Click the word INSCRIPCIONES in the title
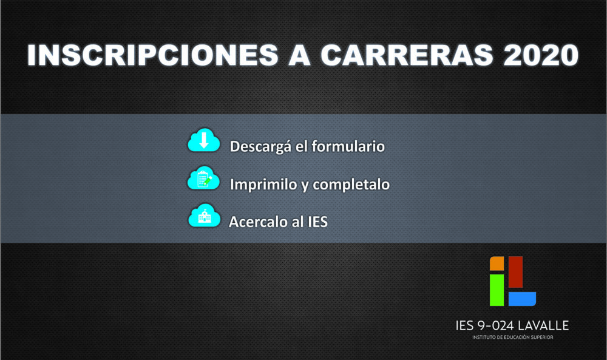coord(152,55)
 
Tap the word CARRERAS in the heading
coord(407,55)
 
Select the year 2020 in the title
coord(541,55)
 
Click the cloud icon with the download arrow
coord(203,140)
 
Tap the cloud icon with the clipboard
coord(203,178)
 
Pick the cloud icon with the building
coord(204,216)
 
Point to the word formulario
coord(348,146)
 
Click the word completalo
coord(351,185)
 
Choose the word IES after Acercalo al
coord(317,222)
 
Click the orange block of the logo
coord(497,263)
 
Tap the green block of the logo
coord(497,290)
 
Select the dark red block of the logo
coord(515,272)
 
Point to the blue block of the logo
coord(522,299)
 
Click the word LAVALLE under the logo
coord(543,325)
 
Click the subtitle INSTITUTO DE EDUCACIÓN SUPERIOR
coord(512,337)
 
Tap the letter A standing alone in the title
coord(299,55)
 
